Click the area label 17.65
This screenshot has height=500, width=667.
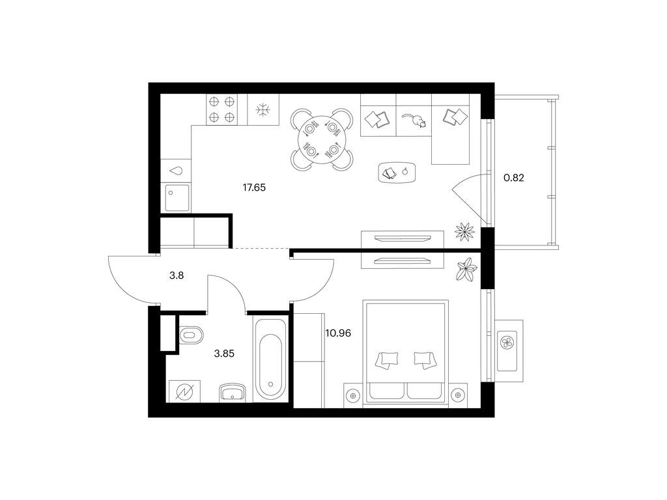254,187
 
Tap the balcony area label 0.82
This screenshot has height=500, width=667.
514,178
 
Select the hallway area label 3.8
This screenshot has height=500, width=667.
177,275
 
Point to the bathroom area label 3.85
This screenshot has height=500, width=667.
224,354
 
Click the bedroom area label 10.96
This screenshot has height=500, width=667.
338,333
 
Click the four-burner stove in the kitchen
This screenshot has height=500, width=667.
221,109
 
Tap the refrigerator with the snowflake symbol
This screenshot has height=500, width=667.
263,109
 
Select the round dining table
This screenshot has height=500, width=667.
322,139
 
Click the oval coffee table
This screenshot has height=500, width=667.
397,172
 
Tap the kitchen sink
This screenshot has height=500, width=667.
177,198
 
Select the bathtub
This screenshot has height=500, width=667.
270,359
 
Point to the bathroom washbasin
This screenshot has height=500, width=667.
233,392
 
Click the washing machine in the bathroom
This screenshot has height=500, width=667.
184,391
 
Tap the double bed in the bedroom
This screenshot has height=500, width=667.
405,354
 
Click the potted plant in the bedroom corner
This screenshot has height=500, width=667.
466,270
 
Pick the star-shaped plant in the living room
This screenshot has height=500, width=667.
464,232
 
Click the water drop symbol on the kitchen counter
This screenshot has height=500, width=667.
176,171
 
